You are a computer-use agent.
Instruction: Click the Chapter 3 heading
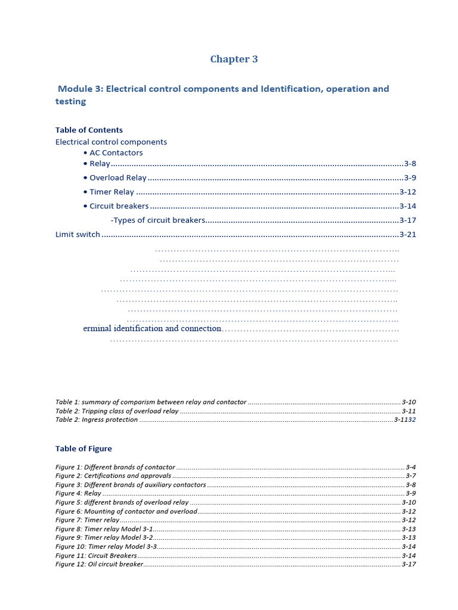point(234,59)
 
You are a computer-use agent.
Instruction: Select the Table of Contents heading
point(89,130)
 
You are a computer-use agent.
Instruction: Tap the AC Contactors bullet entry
point(116,152)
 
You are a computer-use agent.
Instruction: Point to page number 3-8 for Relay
point(410,164)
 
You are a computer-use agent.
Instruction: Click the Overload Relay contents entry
point(117,178)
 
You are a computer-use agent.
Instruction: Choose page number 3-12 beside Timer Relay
point(407,192)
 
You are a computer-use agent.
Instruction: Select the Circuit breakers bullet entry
point(119,206)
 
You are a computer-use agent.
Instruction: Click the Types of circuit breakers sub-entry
point(159,220)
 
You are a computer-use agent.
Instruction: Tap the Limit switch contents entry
point(78,234)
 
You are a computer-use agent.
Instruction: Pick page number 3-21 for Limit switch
point(407,234)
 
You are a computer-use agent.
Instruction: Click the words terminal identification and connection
point(152,328)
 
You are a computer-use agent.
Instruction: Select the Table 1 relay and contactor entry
point(151,402)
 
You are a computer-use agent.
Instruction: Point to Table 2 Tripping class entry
point(117,411)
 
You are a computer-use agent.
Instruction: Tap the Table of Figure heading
point(83,449)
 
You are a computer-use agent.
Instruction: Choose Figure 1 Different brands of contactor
point(115,467)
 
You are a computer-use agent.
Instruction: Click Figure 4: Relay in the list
point(78,493)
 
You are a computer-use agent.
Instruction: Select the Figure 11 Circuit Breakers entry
point(96,555)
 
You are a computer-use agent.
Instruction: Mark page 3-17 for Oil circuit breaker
point(409,564)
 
